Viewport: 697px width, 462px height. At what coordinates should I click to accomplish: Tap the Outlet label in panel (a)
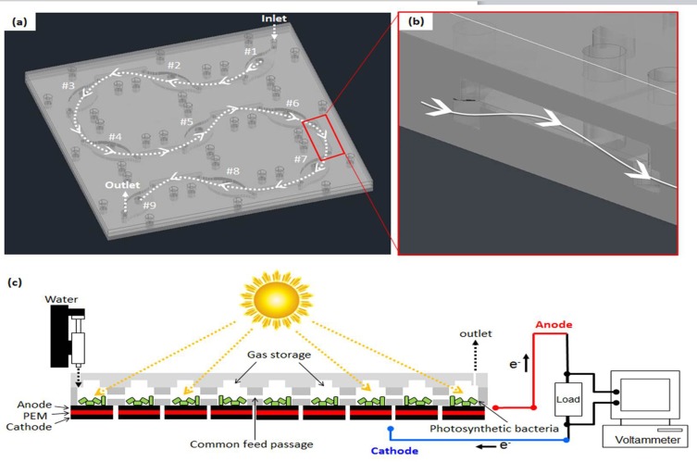click(122, 185)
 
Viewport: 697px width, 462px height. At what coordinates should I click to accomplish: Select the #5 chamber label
click(186, 121)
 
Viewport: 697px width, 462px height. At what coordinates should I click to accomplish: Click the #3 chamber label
click(68, 85)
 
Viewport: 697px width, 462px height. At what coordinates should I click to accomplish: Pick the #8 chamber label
click(231, 171)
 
